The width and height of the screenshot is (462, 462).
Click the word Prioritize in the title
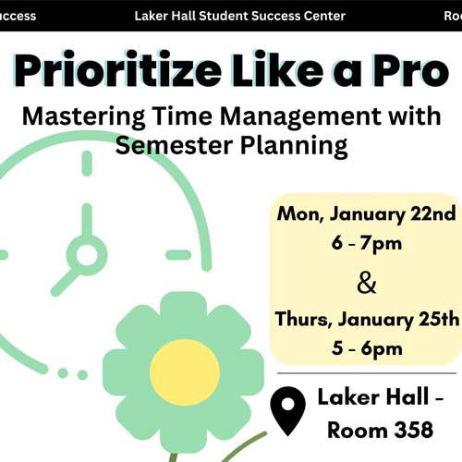117,70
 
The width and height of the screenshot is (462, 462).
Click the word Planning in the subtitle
294,147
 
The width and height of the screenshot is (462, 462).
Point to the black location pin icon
287,410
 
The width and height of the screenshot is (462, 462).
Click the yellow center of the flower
185,372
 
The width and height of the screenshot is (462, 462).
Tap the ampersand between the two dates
367,284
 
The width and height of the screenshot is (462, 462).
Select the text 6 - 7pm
367,244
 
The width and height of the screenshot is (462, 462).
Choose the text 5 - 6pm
367,349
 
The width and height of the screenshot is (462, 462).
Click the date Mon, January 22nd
366,213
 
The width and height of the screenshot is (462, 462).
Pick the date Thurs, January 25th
367,319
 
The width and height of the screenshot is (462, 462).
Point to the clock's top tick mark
87,164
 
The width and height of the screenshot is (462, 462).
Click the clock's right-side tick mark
178,255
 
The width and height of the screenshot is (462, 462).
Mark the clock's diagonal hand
66,282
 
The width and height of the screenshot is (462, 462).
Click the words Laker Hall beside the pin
373,396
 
